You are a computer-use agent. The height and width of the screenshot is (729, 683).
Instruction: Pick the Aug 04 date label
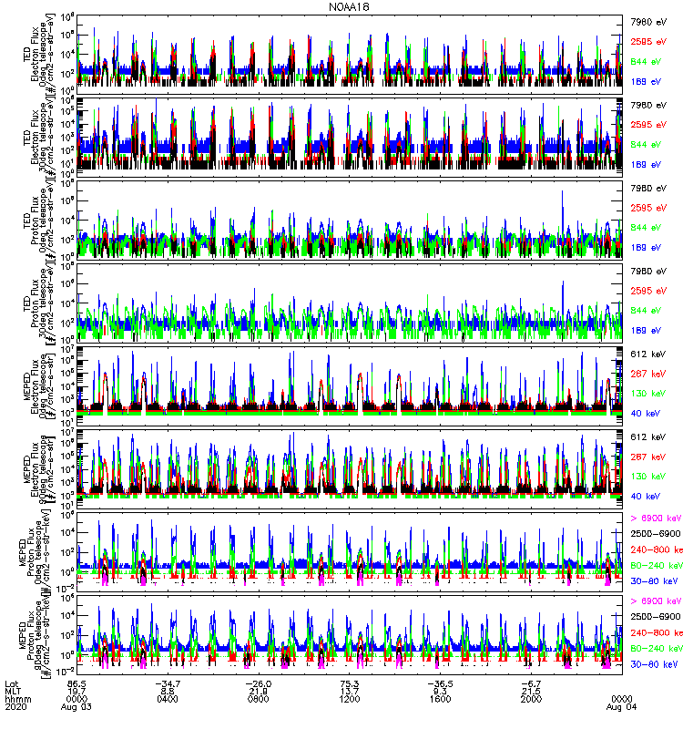pyautogui.click(x=623, y=706)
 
